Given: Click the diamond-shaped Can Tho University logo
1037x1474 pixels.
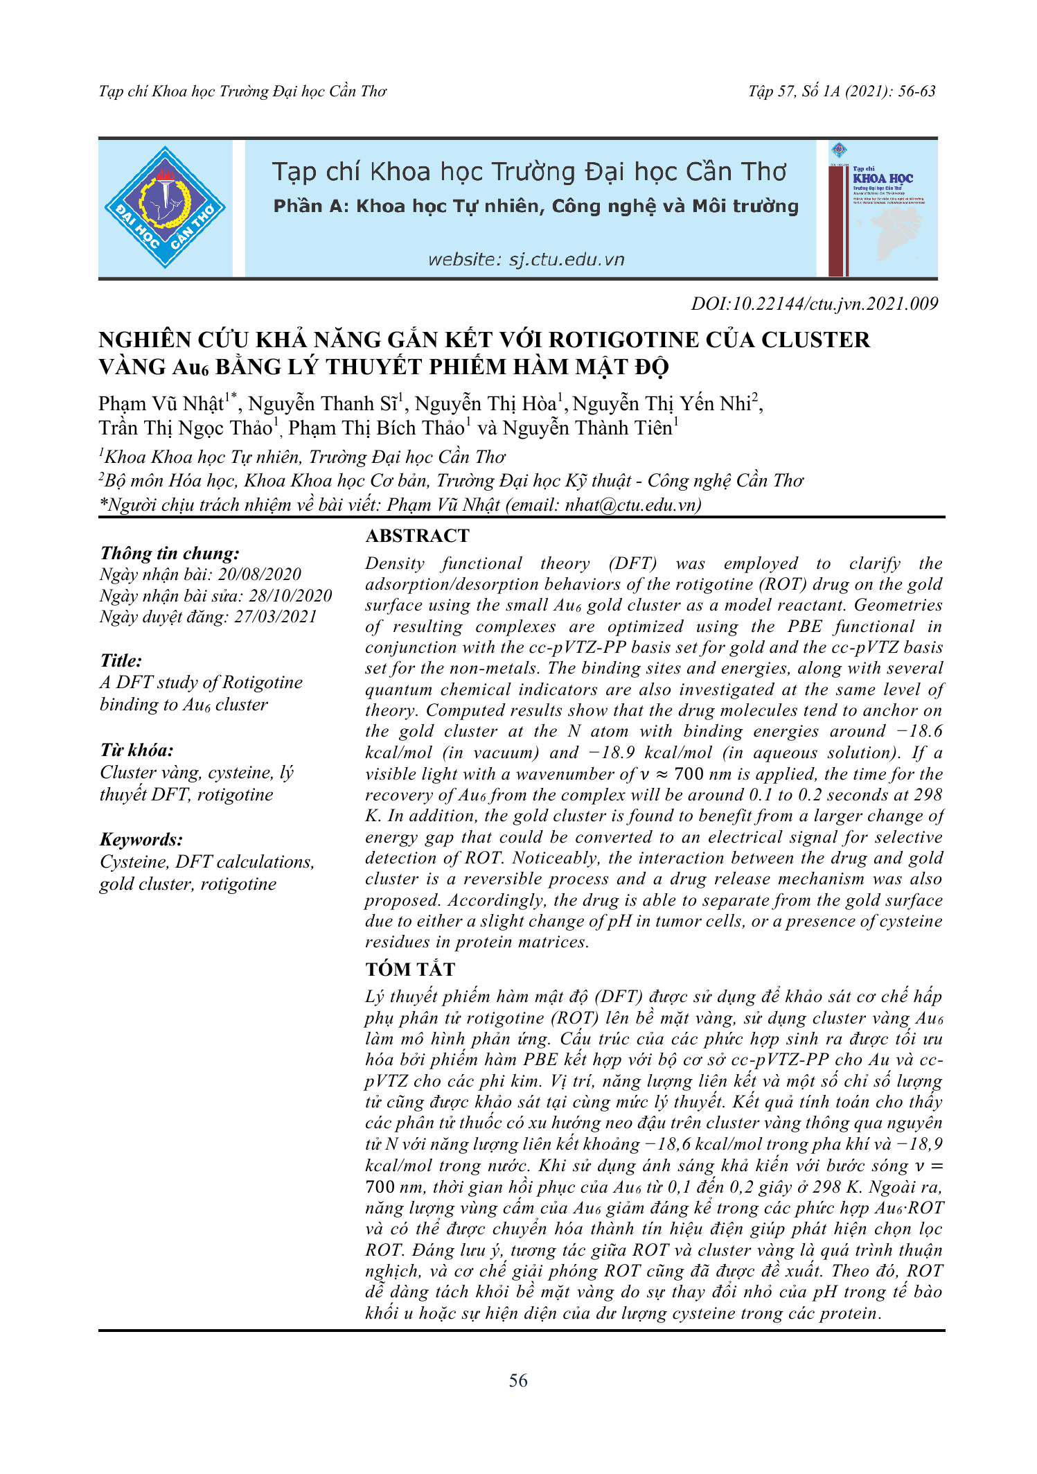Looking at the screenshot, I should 165,207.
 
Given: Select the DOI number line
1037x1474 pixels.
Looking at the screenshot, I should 814,304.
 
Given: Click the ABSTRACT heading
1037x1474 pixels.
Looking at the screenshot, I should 417,536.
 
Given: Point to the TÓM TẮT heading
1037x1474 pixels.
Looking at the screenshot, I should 410,969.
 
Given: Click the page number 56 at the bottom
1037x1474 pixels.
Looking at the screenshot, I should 518,1380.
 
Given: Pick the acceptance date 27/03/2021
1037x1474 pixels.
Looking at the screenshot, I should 275,617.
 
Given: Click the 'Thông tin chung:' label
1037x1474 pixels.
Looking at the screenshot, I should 170,553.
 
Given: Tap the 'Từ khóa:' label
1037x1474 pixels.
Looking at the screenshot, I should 136,750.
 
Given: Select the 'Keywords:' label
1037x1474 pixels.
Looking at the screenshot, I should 141,839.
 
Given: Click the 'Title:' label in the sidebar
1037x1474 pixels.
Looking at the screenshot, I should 121,660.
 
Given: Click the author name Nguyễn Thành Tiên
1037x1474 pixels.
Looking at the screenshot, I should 587,428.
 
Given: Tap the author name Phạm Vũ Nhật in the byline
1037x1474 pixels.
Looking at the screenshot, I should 161,404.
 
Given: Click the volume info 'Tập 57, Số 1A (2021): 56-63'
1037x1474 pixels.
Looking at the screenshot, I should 842,91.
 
